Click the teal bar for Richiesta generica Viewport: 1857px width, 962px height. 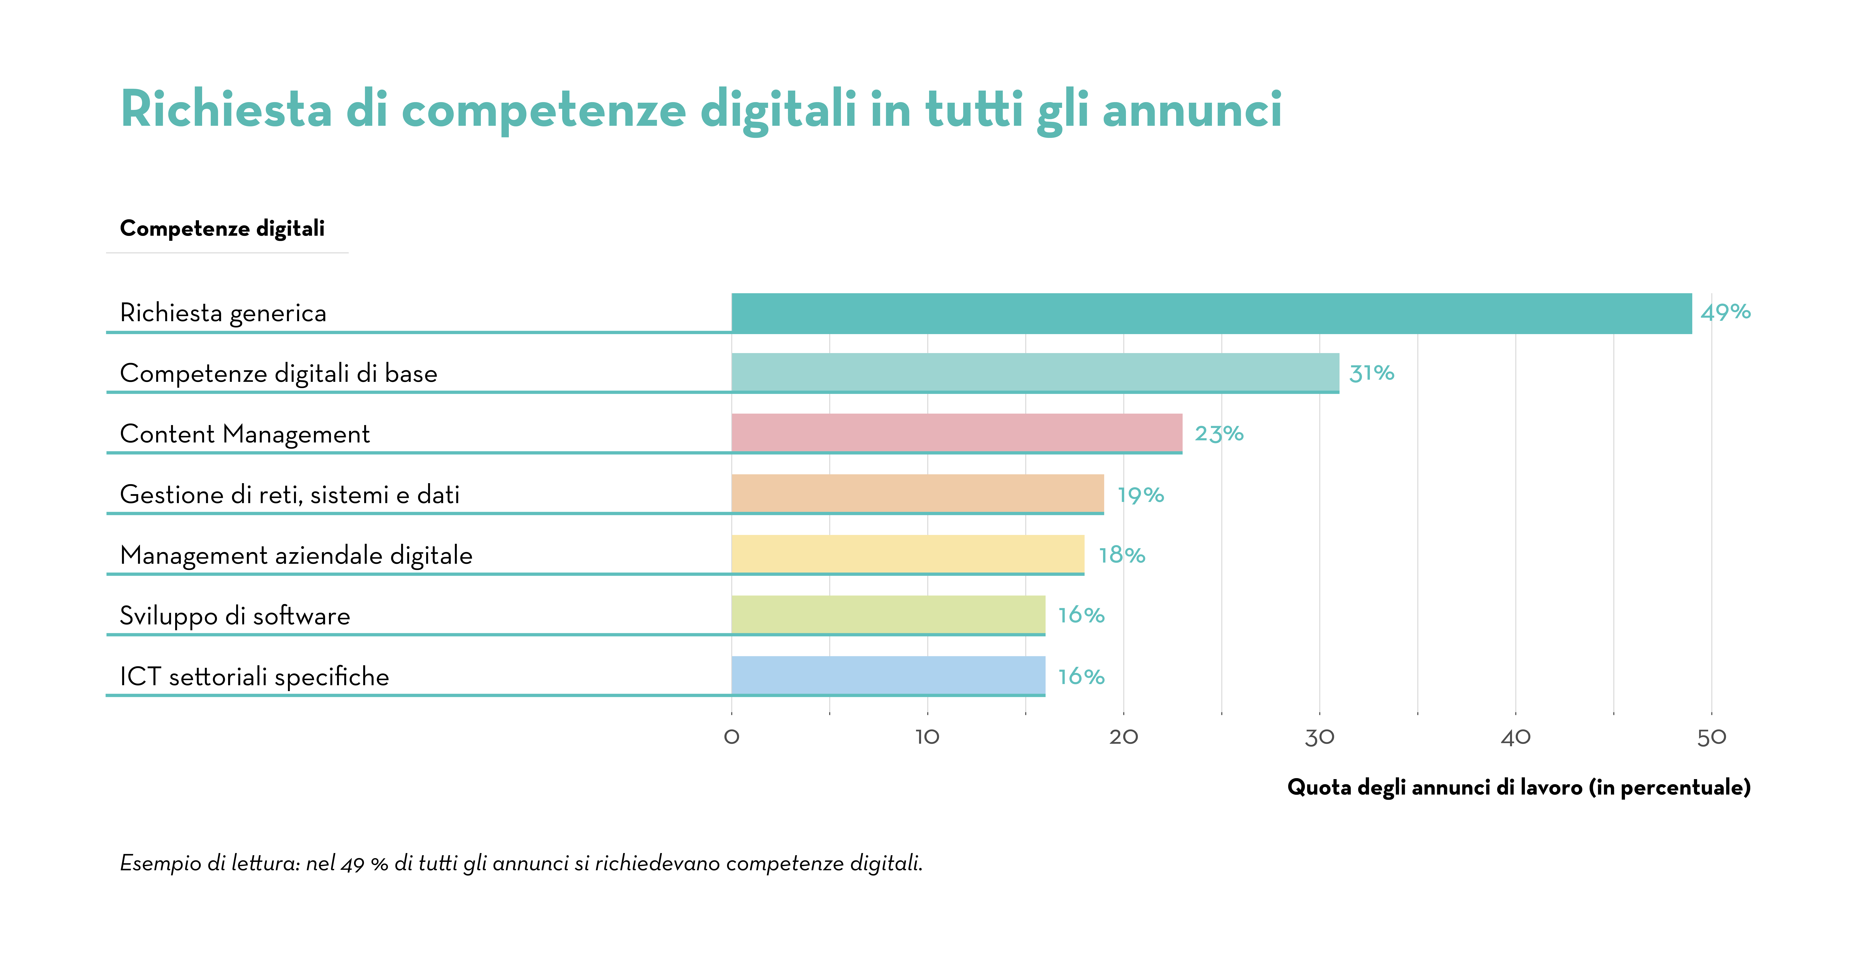[1211, 313]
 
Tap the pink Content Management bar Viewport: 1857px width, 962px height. [957, 433]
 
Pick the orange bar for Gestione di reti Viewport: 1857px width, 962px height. [917, 494]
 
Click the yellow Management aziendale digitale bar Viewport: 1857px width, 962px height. [908, 555]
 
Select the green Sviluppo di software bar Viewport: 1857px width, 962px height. [888, 615]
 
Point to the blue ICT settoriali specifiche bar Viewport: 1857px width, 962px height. [888, 676]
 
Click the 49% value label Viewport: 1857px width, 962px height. [1725, 312]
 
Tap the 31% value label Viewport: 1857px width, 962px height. [1371, 373]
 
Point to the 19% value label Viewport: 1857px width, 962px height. [1140, 495]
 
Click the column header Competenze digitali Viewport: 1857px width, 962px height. [222, 229]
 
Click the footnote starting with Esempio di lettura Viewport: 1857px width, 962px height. [521, 863]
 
